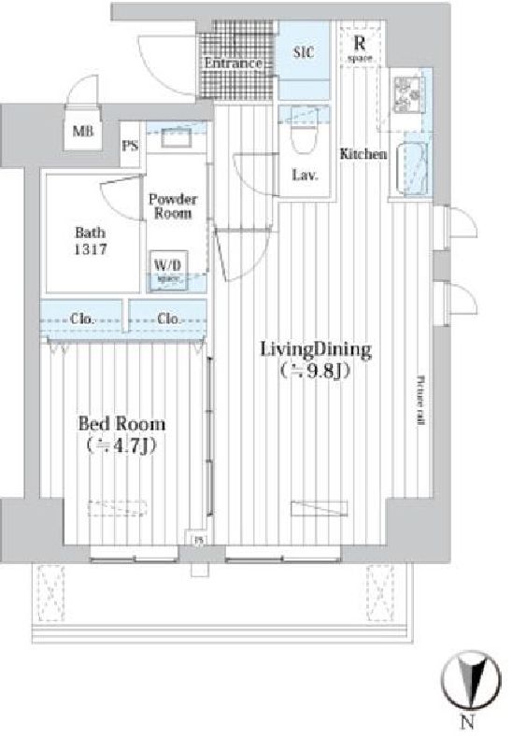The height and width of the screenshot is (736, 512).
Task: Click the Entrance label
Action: coord(232,63)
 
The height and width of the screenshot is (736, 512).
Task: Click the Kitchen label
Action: coord(363,154)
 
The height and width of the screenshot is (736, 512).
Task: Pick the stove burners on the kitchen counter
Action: coord(408,94)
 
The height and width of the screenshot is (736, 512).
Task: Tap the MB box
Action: coord(83,133)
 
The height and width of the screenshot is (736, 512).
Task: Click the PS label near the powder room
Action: coord(132,145)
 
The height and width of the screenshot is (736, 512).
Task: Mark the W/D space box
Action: coord(168,269)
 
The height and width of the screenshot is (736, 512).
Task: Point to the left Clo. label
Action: coord(83,318)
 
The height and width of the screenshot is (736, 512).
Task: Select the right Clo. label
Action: coord(168,318)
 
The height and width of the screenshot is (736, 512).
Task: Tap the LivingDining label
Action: coord(315,350)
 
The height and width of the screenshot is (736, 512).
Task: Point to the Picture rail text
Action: coord(421,400)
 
